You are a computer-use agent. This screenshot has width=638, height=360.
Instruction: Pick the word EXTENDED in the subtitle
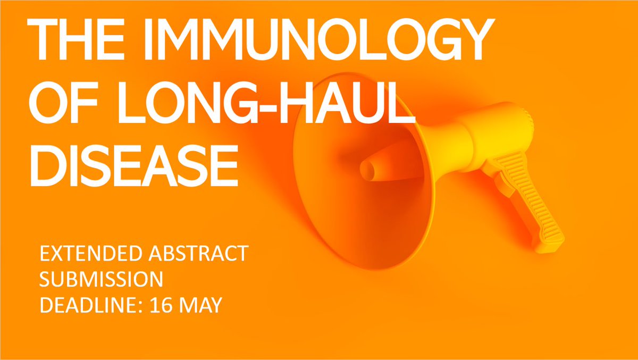pos(83,254)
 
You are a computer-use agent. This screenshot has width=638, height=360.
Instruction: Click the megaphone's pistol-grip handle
pos(537,213)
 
